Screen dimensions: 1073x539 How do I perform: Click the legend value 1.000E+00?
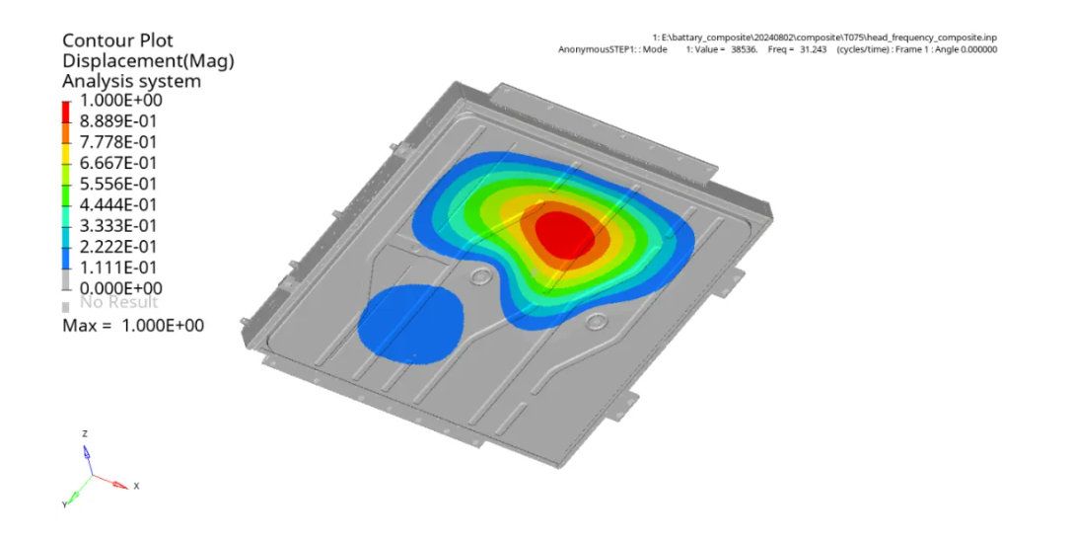(x=121, y=101)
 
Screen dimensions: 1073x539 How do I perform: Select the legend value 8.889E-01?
(x=118, y=121)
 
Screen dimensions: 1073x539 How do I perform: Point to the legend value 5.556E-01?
(x=118, y=184)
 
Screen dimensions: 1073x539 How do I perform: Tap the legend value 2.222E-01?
(x=118, y=247)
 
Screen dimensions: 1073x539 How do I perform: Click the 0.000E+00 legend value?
(x=121, y=288)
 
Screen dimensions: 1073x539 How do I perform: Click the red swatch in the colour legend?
(x=66, y=112)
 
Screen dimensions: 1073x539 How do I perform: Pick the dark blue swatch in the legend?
(x=66, y=258)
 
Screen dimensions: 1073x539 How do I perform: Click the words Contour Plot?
(x=117, y=40)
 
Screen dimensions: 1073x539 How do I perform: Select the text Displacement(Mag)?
(x=149, y=61)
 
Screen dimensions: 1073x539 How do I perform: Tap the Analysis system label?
(x=131, y=81)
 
